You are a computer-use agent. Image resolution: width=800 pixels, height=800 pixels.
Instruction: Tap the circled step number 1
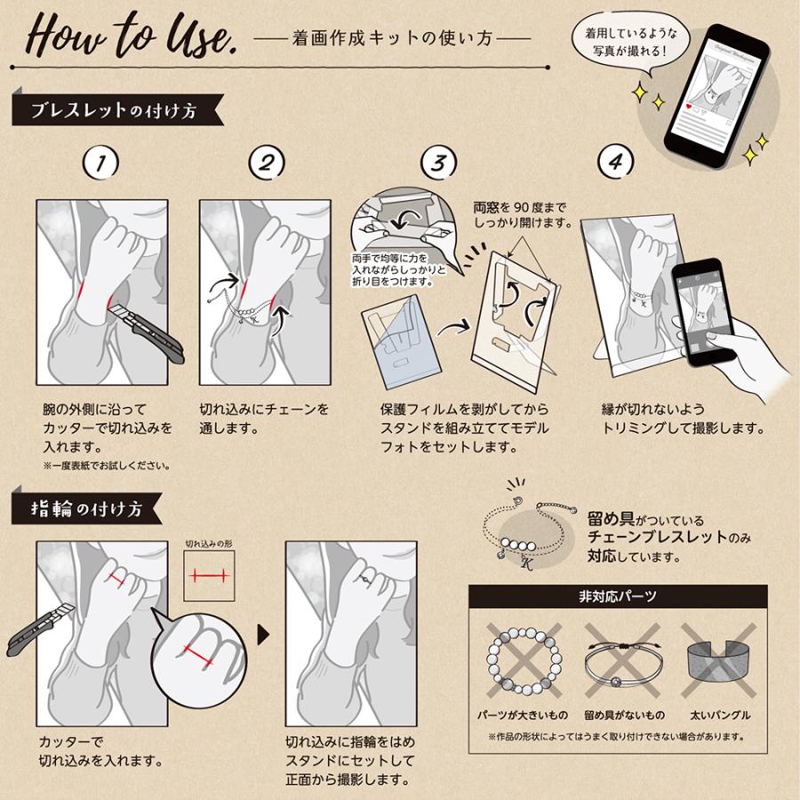click(101, 163)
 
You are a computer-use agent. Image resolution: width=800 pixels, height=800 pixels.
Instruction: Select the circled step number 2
click(267, 163)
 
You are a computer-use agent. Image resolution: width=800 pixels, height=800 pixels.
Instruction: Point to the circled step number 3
click(439, 163)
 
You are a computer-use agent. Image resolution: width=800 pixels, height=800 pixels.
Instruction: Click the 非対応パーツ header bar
click(618, 596)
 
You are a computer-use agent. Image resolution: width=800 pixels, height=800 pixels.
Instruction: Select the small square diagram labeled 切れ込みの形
click(209, 576)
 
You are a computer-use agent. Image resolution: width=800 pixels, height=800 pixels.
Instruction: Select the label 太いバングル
click(717, 715)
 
